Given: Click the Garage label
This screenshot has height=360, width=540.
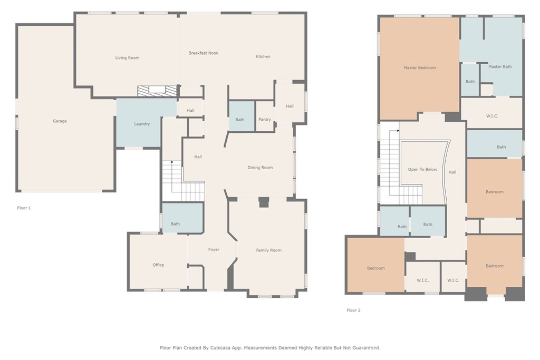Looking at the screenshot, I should (60, 121).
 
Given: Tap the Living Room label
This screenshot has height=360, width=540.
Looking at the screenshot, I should (127, 58).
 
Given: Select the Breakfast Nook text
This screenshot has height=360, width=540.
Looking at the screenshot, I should (204, 53).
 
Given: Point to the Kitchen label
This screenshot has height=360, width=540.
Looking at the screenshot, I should (263, 57).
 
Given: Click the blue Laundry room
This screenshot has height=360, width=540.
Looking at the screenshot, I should (141, 124).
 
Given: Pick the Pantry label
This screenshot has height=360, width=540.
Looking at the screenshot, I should (265, 120).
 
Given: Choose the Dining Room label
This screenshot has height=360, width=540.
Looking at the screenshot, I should (260, 168).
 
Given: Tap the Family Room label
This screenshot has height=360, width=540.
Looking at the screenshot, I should (269, 250).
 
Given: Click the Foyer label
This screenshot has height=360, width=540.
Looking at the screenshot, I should (214, 249).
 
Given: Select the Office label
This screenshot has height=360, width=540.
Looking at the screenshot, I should (158, 265).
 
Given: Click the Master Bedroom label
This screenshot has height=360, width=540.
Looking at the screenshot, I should (420, 68).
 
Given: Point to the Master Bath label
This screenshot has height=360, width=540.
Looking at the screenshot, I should (500, 67).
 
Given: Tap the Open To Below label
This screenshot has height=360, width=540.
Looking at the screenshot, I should (422, 170).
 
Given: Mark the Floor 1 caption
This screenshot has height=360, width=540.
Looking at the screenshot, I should (24, 208).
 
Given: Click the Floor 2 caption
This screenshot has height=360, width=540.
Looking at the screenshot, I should (353, 310).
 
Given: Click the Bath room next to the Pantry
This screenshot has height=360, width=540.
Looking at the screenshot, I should (240, 120).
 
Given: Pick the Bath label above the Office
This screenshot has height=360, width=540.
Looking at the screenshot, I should (175, 224).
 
